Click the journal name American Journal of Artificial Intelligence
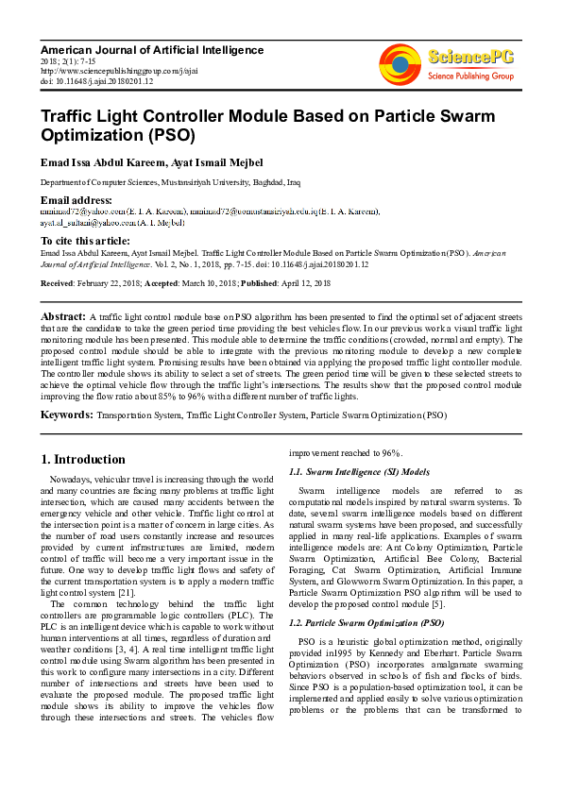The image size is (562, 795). point(152,50)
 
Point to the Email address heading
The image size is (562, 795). point(77,200)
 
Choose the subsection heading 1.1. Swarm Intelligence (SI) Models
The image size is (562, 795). point(359,471)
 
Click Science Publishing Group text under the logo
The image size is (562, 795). point(470,76)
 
